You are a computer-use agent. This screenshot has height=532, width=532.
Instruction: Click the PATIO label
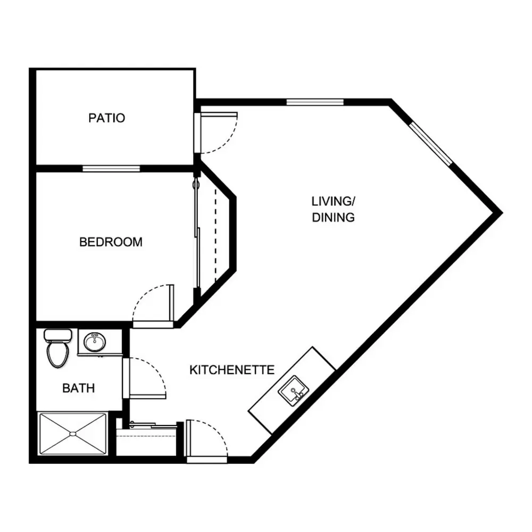click(x=106, y=118)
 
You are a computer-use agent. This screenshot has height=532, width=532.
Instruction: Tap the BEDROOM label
click(x=111, y=242)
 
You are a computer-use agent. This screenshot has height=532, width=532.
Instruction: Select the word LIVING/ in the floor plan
click(x=333, y=201)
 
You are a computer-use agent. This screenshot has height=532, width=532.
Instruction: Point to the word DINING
click(x=333, y=217)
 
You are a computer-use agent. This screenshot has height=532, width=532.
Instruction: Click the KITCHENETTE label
click(x=232, y=370)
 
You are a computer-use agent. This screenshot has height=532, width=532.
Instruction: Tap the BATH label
click(x=78, y=388)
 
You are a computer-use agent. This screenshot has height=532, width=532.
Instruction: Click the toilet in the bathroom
click(x=57, y=348)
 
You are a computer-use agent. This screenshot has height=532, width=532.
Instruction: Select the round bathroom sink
click(x=95, y=342)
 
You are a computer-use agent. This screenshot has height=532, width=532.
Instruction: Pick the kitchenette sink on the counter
click(x=293, y=390)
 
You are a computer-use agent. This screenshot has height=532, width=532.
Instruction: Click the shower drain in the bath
click(x=73, y=434)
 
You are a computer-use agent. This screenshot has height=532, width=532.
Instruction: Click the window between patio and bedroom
click(x=111, y=169)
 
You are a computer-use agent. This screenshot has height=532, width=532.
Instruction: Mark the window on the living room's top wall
click(x=315, y=102)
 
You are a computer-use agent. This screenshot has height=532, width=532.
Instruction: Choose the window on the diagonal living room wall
click(x=431, y=144)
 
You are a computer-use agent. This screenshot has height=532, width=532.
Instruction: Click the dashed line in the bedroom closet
click(x=215, y=235)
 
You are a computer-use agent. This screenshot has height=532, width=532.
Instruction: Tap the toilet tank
click(x=57, y=335)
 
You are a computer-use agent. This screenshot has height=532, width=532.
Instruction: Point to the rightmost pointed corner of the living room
click(x=502, y=213)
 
